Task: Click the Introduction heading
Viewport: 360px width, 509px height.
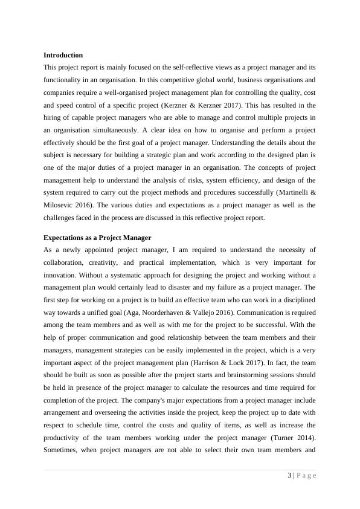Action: [63, 55]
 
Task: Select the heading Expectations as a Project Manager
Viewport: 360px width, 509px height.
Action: [97, 237]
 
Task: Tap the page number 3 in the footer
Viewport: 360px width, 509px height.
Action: [289, 475]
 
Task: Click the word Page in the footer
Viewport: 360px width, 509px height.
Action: [307, 475]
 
